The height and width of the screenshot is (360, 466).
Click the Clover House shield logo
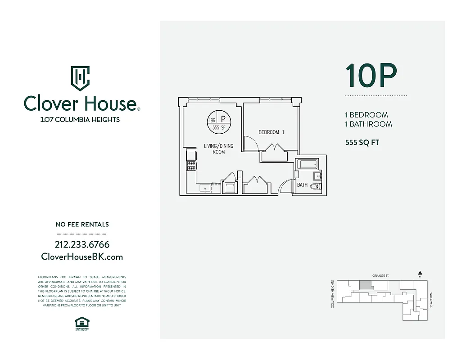(80, 78)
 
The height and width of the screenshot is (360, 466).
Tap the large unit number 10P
(371, 76)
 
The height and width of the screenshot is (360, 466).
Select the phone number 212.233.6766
(82, 245)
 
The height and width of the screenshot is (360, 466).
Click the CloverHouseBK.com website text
(82, 256)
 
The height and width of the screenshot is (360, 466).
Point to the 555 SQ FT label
(362, 143)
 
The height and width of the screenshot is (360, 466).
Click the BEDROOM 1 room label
(271, 132)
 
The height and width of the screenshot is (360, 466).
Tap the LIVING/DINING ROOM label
(219, 149)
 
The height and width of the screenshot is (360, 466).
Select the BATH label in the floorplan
(302, 185)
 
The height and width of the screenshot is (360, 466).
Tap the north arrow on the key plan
(420, 273)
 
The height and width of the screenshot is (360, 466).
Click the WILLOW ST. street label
(431, 299)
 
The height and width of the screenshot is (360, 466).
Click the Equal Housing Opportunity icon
(82, 323)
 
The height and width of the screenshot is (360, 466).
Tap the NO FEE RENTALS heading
(82, 224)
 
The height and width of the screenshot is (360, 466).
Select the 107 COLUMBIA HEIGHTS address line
(80, 120)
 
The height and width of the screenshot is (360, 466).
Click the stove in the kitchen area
(191, 166)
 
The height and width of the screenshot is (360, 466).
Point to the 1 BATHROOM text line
(368, 124)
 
